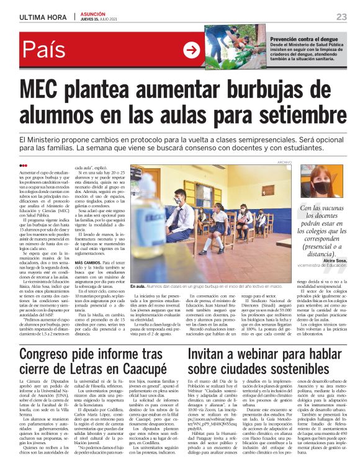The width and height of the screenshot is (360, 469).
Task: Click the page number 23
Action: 341,17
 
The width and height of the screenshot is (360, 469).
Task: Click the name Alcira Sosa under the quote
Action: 330,262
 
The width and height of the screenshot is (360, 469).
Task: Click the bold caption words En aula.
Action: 138,287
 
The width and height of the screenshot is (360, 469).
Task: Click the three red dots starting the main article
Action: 24,166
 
